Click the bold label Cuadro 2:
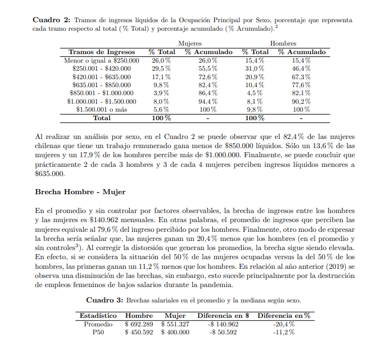52,20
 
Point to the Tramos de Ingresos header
102,52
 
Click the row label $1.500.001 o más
103,109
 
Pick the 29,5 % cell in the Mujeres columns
161,68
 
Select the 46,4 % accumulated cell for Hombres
301,68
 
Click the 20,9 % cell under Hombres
254,76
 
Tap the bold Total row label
102,118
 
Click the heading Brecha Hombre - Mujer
80,191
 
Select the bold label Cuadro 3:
104,300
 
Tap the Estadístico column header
98,316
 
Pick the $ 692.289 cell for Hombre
138,324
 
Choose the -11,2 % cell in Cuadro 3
283,332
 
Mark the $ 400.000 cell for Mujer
175,332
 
